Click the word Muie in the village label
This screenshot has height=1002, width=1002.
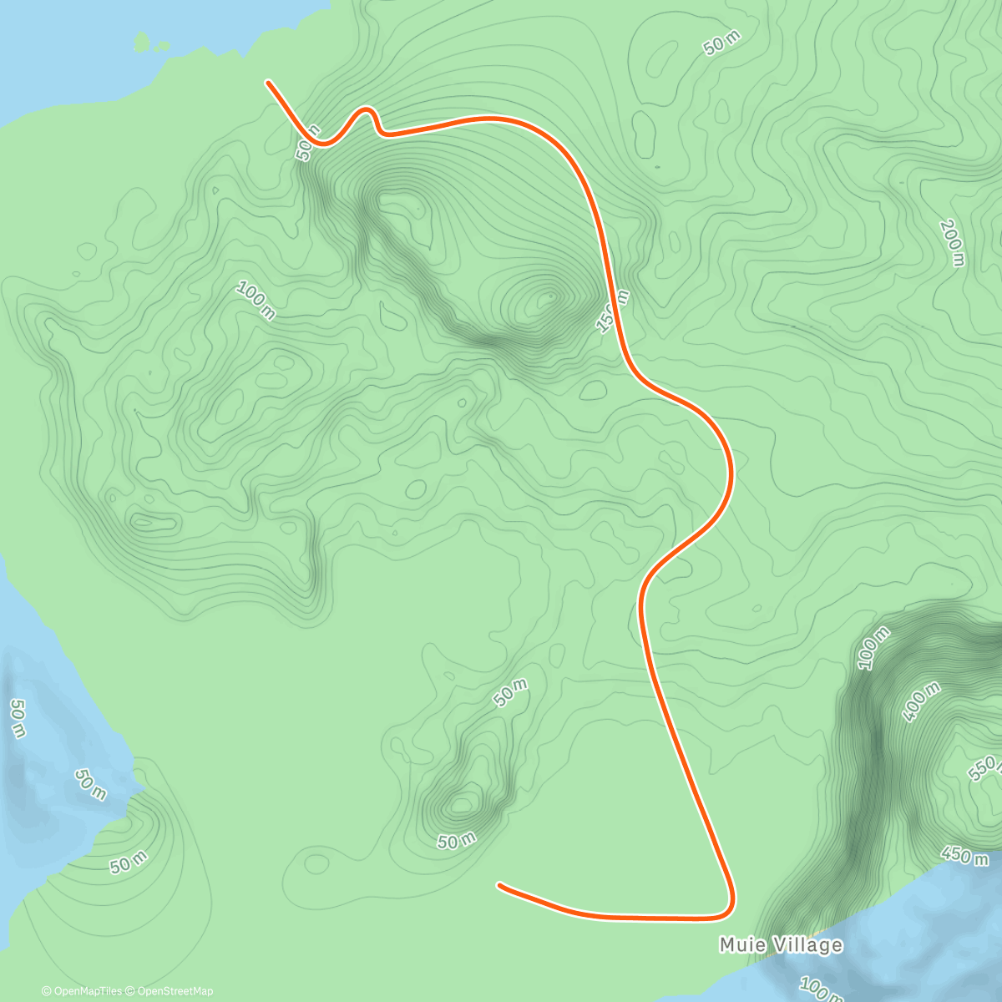[738, 945]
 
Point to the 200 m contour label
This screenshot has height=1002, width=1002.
[951, 243]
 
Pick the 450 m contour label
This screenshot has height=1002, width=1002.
[964, 855]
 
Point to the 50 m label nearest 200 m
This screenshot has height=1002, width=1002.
[721, 46]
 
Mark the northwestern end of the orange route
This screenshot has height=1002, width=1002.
[268, 82]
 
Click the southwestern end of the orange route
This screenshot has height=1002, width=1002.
[498, 883]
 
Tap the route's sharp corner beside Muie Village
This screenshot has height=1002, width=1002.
[730, 910]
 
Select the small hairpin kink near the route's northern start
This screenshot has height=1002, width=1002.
[367, 110]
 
